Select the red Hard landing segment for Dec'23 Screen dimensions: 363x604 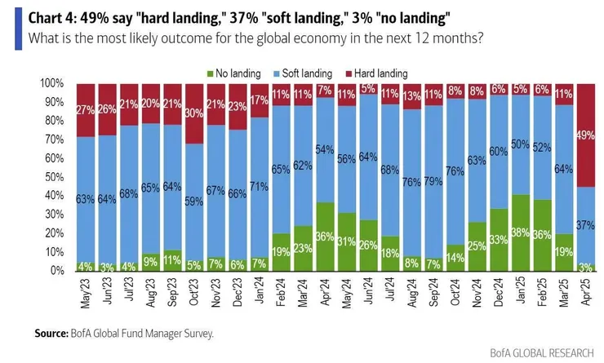coord(237,106)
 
